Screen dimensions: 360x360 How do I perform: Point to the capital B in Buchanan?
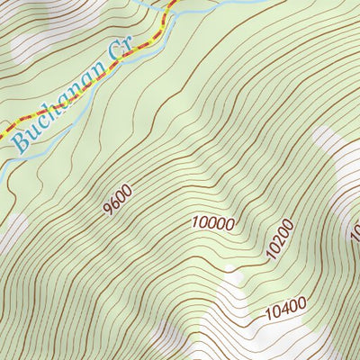tap(20, 138)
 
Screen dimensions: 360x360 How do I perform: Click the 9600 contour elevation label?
tap(117, 199)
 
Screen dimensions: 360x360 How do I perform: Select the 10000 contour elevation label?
tap(212, 222)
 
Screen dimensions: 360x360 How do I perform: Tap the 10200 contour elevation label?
tap(280, 238)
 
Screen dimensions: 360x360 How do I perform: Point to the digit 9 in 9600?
tap(108, 208)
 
